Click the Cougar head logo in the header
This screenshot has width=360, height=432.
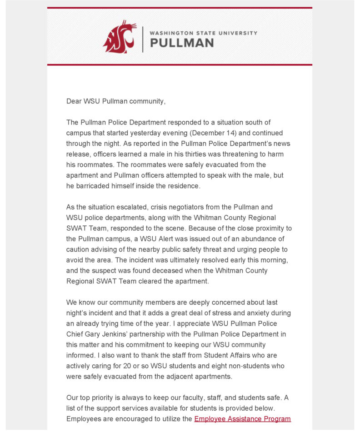point(120,36)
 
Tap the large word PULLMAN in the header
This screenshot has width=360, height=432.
point(181,43)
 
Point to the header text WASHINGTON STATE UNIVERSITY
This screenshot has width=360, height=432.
point(203,33)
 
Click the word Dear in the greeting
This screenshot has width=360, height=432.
point(74,101)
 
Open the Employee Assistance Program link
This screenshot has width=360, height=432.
point(242,419)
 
